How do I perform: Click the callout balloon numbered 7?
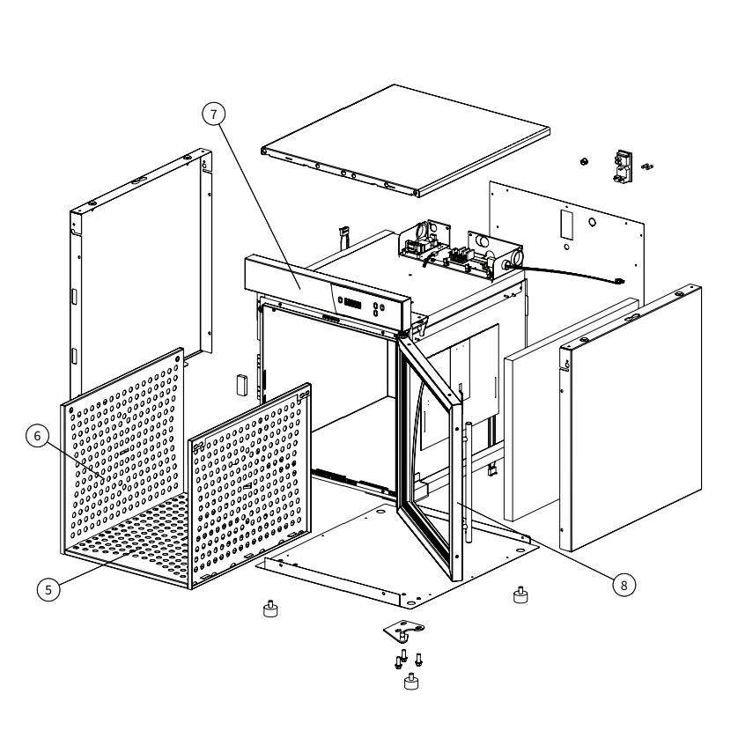pos(214,114)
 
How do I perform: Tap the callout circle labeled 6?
pos(37,436)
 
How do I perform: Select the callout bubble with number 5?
pos(48,590)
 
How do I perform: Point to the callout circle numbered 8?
pos(624,585)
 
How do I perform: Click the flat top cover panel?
pos(406,140)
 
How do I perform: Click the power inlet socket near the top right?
pos(623,166)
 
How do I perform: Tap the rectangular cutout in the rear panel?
pos(566,225)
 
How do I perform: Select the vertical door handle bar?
pos(468,483)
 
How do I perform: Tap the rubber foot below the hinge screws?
pos(411,682)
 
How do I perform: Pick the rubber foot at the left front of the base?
pos(270,609)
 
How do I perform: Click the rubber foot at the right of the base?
pos(520,595)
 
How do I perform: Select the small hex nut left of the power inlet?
pos(584,162)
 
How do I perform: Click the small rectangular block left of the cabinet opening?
pos(242,385)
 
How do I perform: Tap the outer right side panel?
pos(631,417)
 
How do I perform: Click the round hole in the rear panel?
pos(592,222)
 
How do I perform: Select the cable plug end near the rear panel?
pos(618,282)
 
